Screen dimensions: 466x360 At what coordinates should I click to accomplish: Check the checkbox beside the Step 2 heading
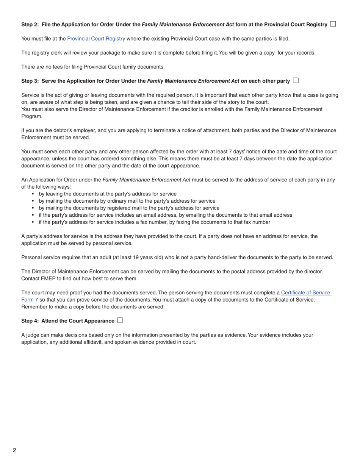333,24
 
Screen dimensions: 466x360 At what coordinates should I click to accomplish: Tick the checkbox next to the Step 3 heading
296,80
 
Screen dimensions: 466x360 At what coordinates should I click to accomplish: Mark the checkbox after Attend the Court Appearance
120,320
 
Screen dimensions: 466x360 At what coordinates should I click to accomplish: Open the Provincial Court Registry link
96,39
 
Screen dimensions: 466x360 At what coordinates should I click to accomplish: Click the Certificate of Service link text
306,292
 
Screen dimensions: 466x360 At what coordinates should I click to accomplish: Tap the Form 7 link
30,300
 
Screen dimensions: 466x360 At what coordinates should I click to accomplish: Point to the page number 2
14,450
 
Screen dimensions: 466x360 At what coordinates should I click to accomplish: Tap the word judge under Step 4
33,335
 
